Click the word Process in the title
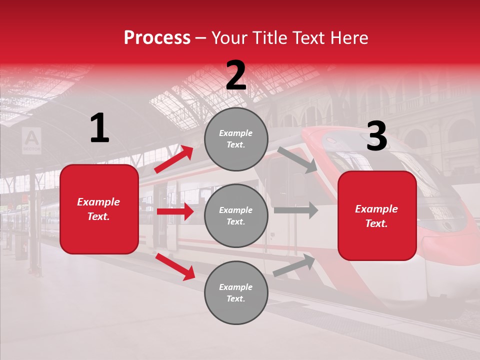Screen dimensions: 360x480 tap(157, 38)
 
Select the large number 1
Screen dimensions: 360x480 tap(99, 128)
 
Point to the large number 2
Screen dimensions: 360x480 tap(236, 76)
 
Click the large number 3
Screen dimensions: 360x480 tap(376, 136)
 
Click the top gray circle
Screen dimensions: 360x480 tap(236, 139)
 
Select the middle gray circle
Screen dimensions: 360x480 tap(236, 215)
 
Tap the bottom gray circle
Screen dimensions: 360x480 tap(236, 292)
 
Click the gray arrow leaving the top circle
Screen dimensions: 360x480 tap(297, 159)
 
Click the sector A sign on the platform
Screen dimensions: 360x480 tap(32, 140)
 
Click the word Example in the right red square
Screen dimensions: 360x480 tap(376, 209)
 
